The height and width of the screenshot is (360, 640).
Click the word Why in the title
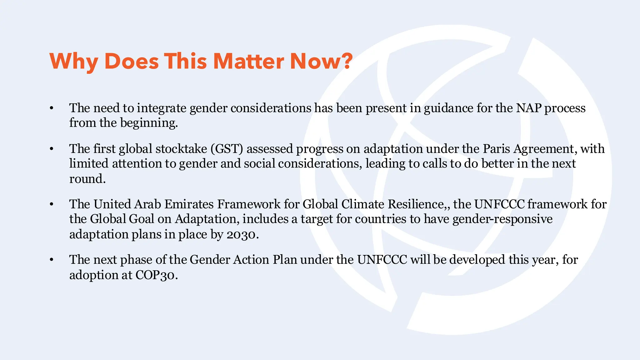[x=74, y=61]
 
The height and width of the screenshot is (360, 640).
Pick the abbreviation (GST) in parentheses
[x=227, y=149]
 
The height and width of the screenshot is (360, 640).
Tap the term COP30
[x=155, y=275]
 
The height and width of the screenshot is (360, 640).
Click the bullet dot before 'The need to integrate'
[x=52, y=108]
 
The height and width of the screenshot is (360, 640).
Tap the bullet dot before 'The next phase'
[x=52, y=260]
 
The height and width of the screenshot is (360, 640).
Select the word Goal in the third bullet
[x=142, y=219]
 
